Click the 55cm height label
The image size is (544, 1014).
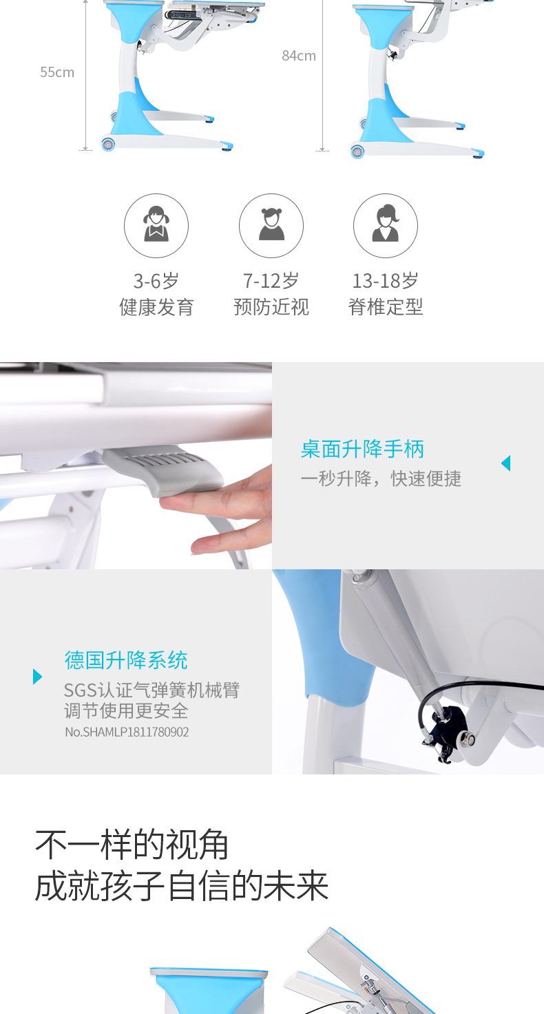click(57, 72)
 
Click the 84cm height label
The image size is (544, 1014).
click(299, 56)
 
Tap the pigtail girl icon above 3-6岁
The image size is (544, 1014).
click(156, 225)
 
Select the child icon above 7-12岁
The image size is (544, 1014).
click(271, 225)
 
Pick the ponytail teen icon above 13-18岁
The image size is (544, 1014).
click(386, 225)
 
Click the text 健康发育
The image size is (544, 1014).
click(157, 307)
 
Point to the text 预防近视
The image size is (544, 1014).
click(271, 307)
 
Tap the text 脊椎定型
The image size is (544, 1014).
click(386, 307)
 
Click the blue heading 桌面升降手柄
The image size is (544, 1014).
click(362, 449)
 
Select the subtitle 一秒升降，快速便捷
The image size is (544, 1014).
click(381, 478)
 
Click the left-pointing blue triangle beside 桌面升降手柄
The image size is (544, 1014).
click(506, 463)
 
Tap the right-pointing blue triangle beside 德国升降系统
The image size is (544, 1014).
click(38, 676)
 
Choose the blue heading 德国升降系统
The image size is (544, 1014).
click(126, 660)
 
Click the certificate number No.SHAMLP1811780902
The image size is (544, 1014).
click(127, 732)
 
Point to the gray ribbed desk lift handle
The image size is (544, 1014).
click(163, 470)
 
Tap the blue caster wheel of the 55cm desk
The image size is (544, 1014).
click(108, 144)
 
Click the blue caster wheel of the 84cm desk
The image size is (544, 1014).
click(357, 151)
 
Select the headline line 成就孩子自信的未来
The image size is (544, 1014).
click(182, 886)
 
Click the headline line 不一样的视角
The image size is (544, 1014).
click(132, 845)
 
